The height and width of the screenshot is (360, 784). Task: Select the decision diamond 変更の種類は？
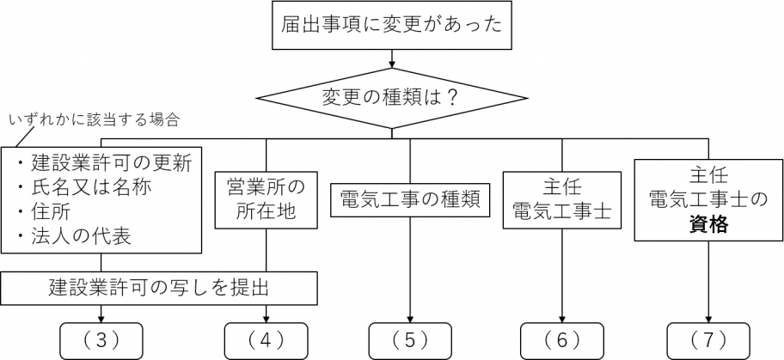(391, 97)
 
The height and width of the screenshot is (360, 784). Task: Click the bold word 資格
(709, 226)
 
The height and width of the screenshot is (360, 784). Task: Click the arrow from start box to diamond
(391, 59)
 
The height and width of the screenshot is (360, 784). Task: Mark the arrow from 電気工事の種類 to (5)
(410, 271)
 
